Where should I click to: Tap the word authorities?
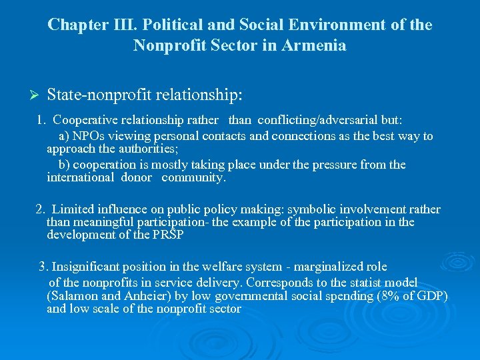[x=111, y=149]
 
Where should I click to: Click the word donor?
[x=137, y=178]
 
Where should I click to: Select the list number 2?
[x=39, y=209]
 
